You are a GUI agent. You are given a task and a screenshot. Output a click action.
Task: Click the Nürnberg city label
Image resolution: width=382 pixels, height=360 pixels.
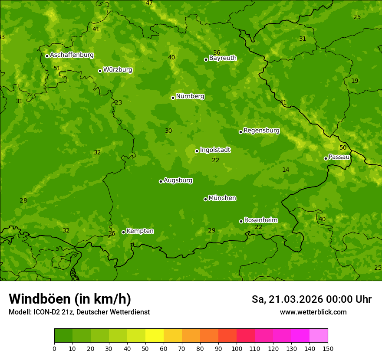[x=190, y=96]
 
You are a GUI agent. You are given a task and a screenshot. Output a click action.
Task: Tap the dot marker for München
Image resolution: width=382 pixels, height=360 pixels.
[x=205, y=199]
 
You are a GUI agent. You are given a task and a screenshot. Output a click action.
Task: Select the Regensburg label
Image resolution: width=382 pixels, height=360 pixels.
[x=261, y=131]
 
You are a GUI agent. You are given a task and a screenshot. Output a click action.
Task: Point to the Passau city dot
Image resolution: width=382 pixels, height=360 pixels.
[x=326, y=158]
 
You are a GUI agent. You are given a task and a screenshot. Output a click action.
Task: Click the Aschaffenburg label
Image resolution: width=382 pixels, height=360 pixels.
[x=72, y=55]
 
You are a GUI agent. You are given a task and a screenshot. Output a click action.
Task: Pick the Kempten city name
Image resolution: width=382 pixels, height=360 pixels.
[x=140, y=231]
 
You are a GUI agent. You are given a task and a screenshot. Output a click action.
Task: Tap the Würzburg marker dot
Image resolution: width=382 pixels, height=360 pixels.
[x=100, y=71]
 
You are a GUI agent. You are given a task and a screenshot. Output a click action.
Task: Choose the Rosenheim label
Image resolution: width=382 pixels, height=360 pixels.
[x=260, y=220]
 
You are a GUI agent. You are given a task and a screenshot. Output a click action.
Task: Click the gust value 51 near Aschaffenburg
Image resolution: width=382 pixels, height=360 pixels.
[x=57, y=69]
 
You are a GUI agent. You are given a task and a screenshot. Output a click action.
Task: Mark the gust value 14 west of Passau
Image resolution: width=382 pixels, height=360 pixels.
[x=286, y=170]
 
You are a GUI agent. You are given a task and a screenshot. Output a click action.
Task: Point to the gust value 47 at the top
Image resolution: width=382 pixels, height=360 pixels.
[x=149, y=3]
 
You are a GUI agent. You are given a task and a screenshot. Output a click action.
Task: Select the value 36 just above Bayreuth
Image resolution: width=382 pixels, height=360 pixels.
[x=217, y=53]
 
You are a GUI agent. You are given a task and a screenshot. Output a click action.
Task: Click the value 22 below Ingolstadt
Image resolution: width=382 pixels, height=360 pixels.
[x=216, y=160]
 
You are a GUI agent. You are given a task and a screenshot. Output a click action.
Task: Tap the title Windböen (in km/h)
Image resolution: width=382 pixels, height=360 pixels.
[x=70, y=299]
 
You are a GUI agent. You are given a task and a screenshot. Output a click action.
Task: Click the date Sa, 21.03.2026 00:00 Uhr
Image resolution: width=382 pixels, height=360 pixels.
[x=311, y=299]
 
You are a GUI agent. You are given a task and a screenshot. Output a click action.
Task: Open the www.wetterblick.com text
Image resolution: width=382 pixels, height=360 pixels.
[x=313, y=312]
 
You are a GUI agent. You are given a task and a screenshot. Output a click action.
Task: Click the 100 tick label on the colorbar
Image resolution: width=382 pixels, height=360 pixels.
[x=237, y=348]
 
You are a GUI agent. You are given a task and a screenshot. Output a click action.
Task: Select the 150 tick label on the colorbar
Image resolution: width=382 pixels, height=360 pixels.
[x=328, y=348]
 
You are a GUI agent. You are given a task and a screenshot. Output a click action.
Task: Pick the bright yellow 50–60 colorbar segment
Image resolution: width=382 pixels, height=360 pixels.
[x=155, y=336]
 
